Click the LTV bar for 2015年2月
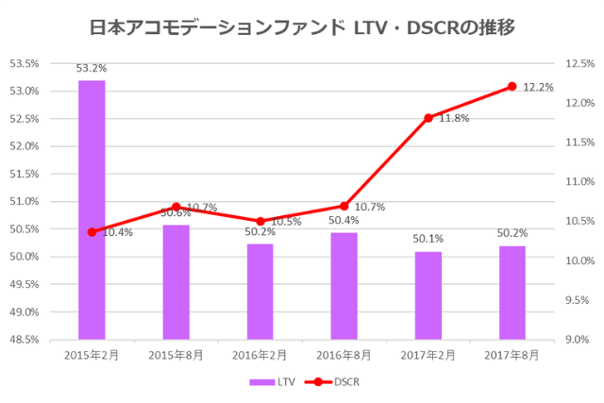(92, 210)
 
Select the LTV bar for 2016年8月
(344, 285)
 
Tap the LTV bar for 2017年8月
(512, 292)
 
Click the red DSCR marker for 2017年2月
(428, 118)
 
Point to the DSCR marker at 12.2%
(512, 86)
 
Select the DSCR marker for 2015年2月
(92, 231)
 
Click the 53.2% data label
(92, 68)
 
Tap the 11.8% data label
(454, 119)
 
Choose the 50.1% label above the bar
(428, 240)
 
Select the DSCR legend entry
(332, 382)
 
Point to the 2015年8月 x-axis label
(176, 355)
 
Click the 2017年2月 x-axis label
(428, 355)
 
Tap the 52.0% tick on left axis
(25, 146)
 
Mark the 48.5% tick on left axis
(25, 339)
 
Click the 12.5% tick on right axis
(579, 64)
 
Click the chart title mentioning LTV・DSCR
(301, 27)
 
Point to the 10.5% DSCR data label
(285, 221)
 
